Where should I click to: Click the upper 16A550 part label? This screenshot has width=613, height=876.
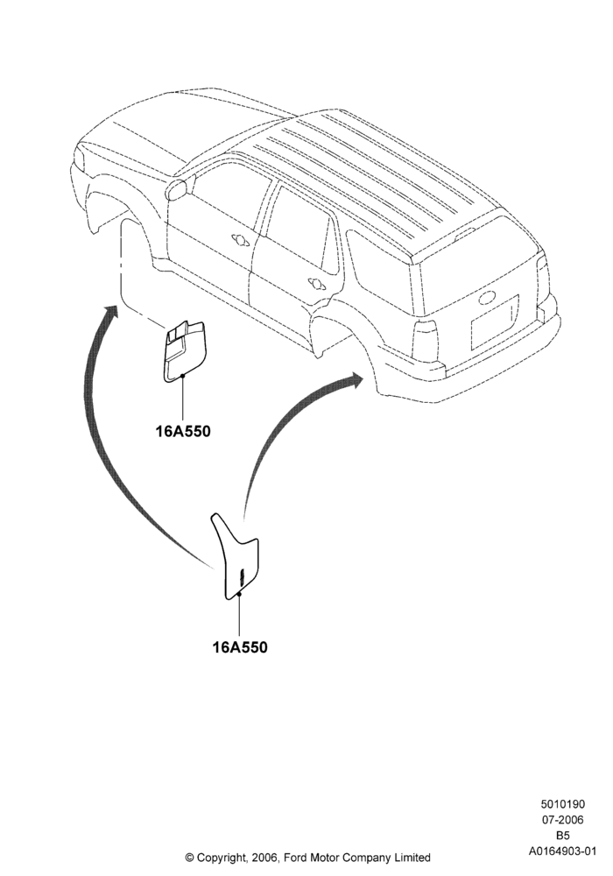(182, 431)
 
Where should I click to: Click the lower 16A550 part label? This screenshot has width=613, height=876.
(240, 647)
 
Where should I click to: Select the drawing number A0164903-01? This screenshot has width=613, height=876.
(562, 851)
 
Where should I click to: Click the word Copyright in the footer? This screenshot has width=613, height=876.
(222, 857)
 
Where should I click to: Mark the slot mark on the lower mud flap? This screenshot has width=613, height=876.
(242, 576)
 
